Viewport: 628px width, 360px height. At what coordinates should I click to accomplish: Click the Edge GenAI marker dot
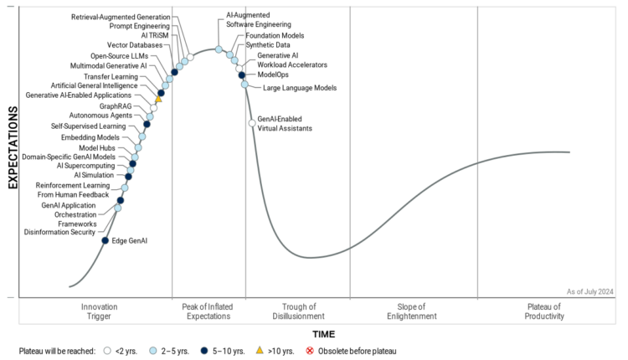point(105,241)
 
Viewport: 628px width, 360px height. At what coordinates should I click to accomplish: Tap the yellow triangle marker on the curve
point(158,100)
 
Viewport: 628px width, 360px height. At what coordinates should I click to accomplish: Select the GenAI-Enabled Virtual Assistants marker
point(252,124)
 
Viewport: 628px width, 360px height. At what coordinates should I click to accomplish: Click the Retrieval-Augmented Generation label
point(121,17)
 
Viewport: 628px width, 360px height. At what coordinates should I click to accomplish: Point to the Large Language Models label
point(300,87)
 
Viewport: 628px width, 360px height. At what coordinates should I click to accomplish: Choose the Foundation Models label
point(275,36)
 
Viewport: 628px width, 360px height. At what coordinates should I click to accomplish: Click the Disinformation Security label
point(59,232)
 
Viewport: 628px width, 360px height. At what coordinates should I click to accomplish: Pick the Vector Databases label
point(134,45)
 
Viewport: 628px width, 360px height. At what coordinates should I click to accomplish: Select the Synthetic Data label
point(268,45)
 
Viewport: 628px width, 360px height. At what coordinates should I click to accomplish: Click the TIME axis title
point(324,333)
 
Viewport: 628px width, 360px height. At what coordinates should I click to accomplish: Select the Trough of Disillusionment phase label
point(298,311)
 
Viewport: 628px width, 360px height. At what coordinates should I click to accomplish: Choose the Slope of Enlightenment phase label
point(414,311)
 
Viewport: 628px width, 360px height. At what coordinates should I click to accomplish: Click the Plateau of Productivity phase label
point(544,311)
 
